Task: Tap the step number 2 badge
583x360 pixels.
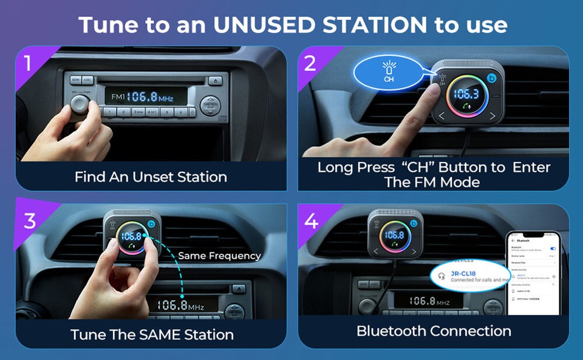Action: pos(310,63)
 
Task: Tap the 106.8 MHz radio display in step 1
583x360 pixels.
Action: pos(138,97)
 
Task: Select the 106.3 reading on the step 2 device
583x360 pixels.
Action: pos(466,95)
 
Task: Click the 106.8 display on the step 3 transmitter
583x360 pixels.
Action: pos(131,236)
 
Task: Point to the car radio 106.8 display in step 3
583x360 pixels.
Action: pos(180,305)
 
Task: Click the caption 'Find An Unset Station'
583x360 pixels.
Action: pos(151,177)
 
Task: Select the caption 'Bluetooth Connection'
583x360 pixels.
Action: pos(434,331)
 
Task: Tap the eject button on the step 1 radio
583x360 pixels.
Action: pos(215,80)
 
